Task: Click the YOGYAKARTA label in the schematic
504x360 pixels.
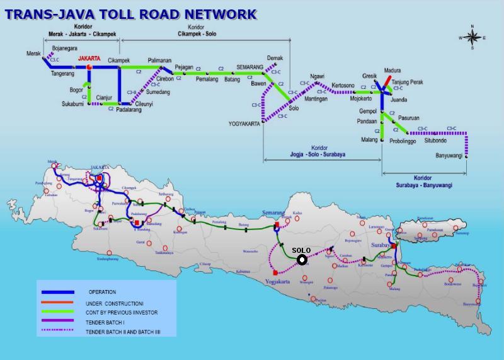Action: click(x=244, y=124)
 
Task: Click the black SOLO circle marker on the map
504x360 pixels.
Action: click(x=302, y=259)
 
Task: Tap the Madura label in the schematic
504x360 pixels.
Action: click(x=392, y=71)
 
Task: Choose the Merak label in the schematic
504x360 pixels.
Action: click(x=33, y=54)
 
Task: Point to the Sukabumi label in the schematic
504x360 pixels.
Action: click(x=72, y=103)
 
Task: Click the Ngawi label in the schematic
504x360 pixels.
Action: click(x=326, y=77)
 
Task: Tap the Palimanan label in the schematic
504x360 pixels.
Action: click(x=159, y=61)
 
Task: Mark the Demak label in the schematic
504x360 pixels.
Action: click(x=275, y=57)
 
